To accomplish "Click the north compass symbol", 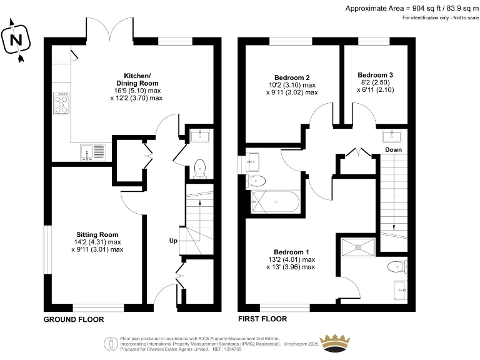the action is pyautogui.click(x=16, y=40).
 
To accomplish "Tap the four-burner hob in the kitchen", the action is pyautogui.click(x=61, y=103).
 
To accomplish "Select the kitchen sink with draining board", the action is pyautogui.click(x=92, y=152).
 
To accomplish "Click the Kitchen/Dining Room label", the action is pyautogui.click(x=137, y=79).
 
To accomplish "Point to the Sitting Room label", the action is pyautogui.click(x=97, y=235).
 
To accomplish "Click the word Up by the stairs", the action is pyautogui.click(x=173, y=241).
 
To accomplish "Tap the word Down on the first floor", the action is pyautogui.click(x=393, y=150).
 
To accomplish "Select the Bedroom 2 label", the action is pyautogui.click(x=292, y=77).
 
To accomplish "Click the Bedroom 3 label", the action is pyautogui.click(x=375, y=75).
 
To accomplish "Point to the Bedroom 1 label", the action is pyautogui.click(x=291, y=252).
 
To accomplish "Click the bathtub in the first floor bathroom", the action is pyautogui.click(x=275, y=202).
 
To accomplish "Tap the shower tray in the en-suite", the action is pyautogui.click(x=358, y=247).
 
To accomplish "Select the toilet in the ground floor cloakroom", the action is pyautogui.click(x=200, y=169).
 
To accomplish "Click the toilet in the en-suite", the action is pyautogui.click(x=397, y=267).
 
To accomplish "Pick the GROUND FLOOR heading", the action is pyautogui.click(x=74, y=319).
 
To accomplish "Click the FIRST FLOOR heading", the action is pyautogui.click(x=262, y=319).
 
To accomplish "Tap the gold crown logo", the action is pyautogui.click(x=334, y=342).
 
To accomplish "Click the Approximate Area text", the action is pyautogui.click(x=412, y=8).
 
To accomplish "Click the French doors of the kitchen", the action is pyautogui.click(x=109, y=29).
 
